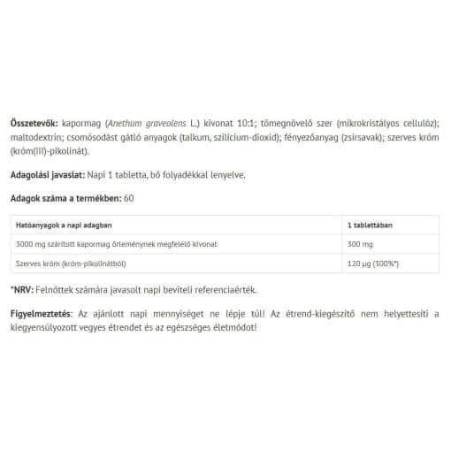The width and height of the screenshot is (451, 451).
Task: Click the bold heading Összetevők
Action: click(32, 124)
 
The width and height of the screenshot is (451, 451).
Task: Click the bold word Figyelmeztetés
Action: click(42, 314)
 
